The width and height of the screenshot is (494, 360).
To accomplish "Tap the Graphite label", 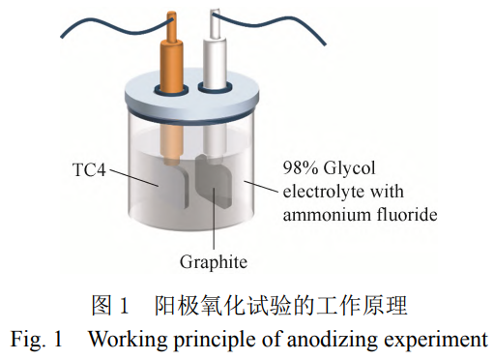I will pos(214,261).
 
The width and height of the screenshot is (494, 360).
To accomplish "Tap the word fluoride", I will pos(406,212).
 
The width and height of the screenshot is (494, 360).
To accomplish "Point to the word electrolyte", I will pos(321,189).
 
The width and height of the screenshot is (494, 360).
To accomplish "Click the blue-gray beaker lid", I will pos(193,103).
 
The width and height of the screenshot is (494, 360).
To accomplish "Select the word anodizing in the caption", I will pos(326,340).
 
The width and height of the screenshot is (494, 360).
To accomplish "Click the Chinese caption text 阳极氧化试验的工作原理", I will pos(280,308).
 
